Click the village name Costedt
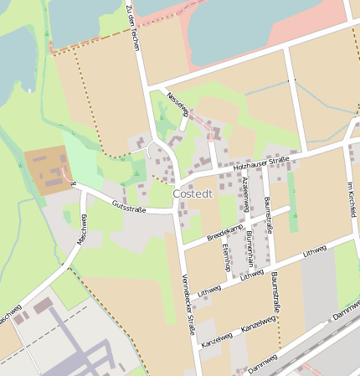193,193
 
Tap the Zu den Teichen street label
133,26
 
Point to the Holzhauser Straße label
261,162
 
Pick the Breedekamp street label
224,233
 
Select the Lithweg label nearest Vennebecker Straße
209,291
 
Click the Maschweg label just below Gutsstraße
83,228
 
